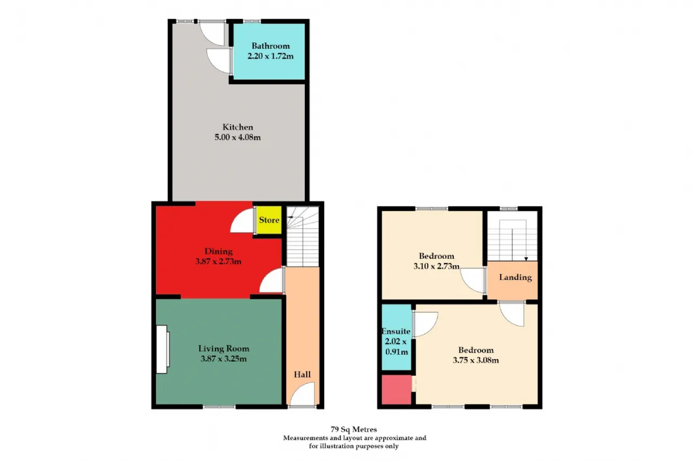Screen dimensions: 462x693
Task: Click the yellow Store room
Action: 269,220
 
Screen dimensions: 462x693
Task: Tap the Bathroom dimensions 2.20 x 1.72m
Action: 270,56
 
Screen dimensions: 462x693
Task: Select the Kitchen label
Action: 238,127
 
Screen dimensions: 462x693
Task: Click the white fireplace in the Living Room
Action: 162,349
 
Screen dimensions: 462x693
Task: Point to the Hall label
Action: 302,374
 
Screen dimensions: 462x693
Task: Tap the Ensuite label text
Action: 396,331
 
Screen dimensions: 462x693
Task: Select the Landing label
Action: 515,277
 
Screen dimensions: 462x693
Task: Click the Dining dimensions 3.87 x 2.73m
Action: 219,262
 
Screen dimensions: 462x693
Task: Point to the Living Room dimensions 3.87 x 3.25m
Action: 224,359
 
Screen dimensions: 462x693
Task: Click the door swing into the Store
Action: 244,221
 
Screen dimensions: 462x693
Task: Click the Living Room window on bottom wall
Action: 219,406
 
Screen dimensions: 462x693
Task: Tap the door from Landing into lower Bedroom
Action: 512,314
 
